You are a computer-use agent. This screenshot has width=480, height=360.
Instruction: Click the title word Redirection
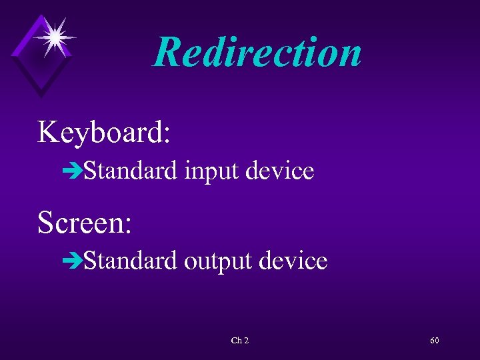[x=257, y=52]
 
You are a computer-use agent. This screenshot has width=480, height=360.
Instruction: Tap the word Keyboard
[x=101, y=132]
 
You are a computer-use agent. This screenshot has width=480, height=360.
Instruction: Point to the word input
[x=211, y=172]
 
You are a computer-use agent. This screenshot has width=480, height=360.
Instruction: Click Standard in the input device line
[x=130, y=171]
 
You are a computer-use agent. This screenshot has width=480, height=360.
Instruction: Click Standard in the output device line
[x=130, y=261]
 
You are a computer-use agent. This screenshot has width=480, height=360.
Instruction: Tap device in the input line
[x=280, y=171]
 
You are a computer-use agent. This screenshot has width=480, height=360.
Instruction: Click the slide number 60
[x=435, y=341]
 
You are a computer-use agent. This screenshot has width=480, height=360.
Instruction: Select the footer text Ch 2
[x=239, y=341]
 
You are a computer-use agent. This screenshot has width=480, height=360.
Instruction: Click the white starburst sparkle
[x=53, y=37]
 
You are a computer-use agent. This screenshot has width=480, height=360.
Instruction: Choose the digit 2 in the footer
[x=246, y=341]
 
